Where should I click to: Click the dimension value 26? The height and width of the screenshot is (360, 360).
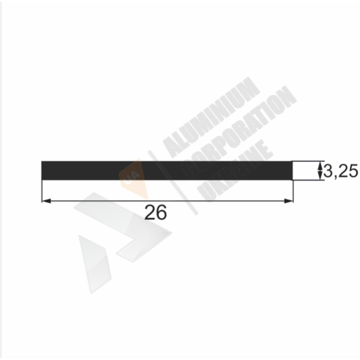[x=155, y=212]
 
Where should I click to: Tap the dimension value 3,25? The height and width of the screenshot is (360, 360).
[x=340, y=171]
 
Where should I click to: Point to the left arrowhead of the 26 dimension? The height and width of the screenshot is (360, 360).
[x=47, y=201]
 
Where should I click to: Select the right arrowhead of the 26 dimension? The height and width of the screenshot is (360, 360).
[x=289, y=201]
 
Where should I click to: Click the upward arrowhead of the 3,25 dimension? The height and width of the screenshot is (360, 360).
[x=319, y=166]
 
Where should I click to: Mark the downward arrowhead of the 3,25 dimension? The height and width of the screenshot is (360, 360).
[x=319, y=176]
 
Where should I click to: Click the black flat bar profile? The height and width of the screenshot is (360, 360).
[x=167, y=170]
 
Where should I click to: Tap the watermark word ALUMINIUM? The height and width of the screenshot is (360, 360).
[x=211, y=117]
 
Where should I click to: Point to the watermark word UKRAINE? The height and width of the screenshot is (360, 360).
[x=235, y=170]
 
